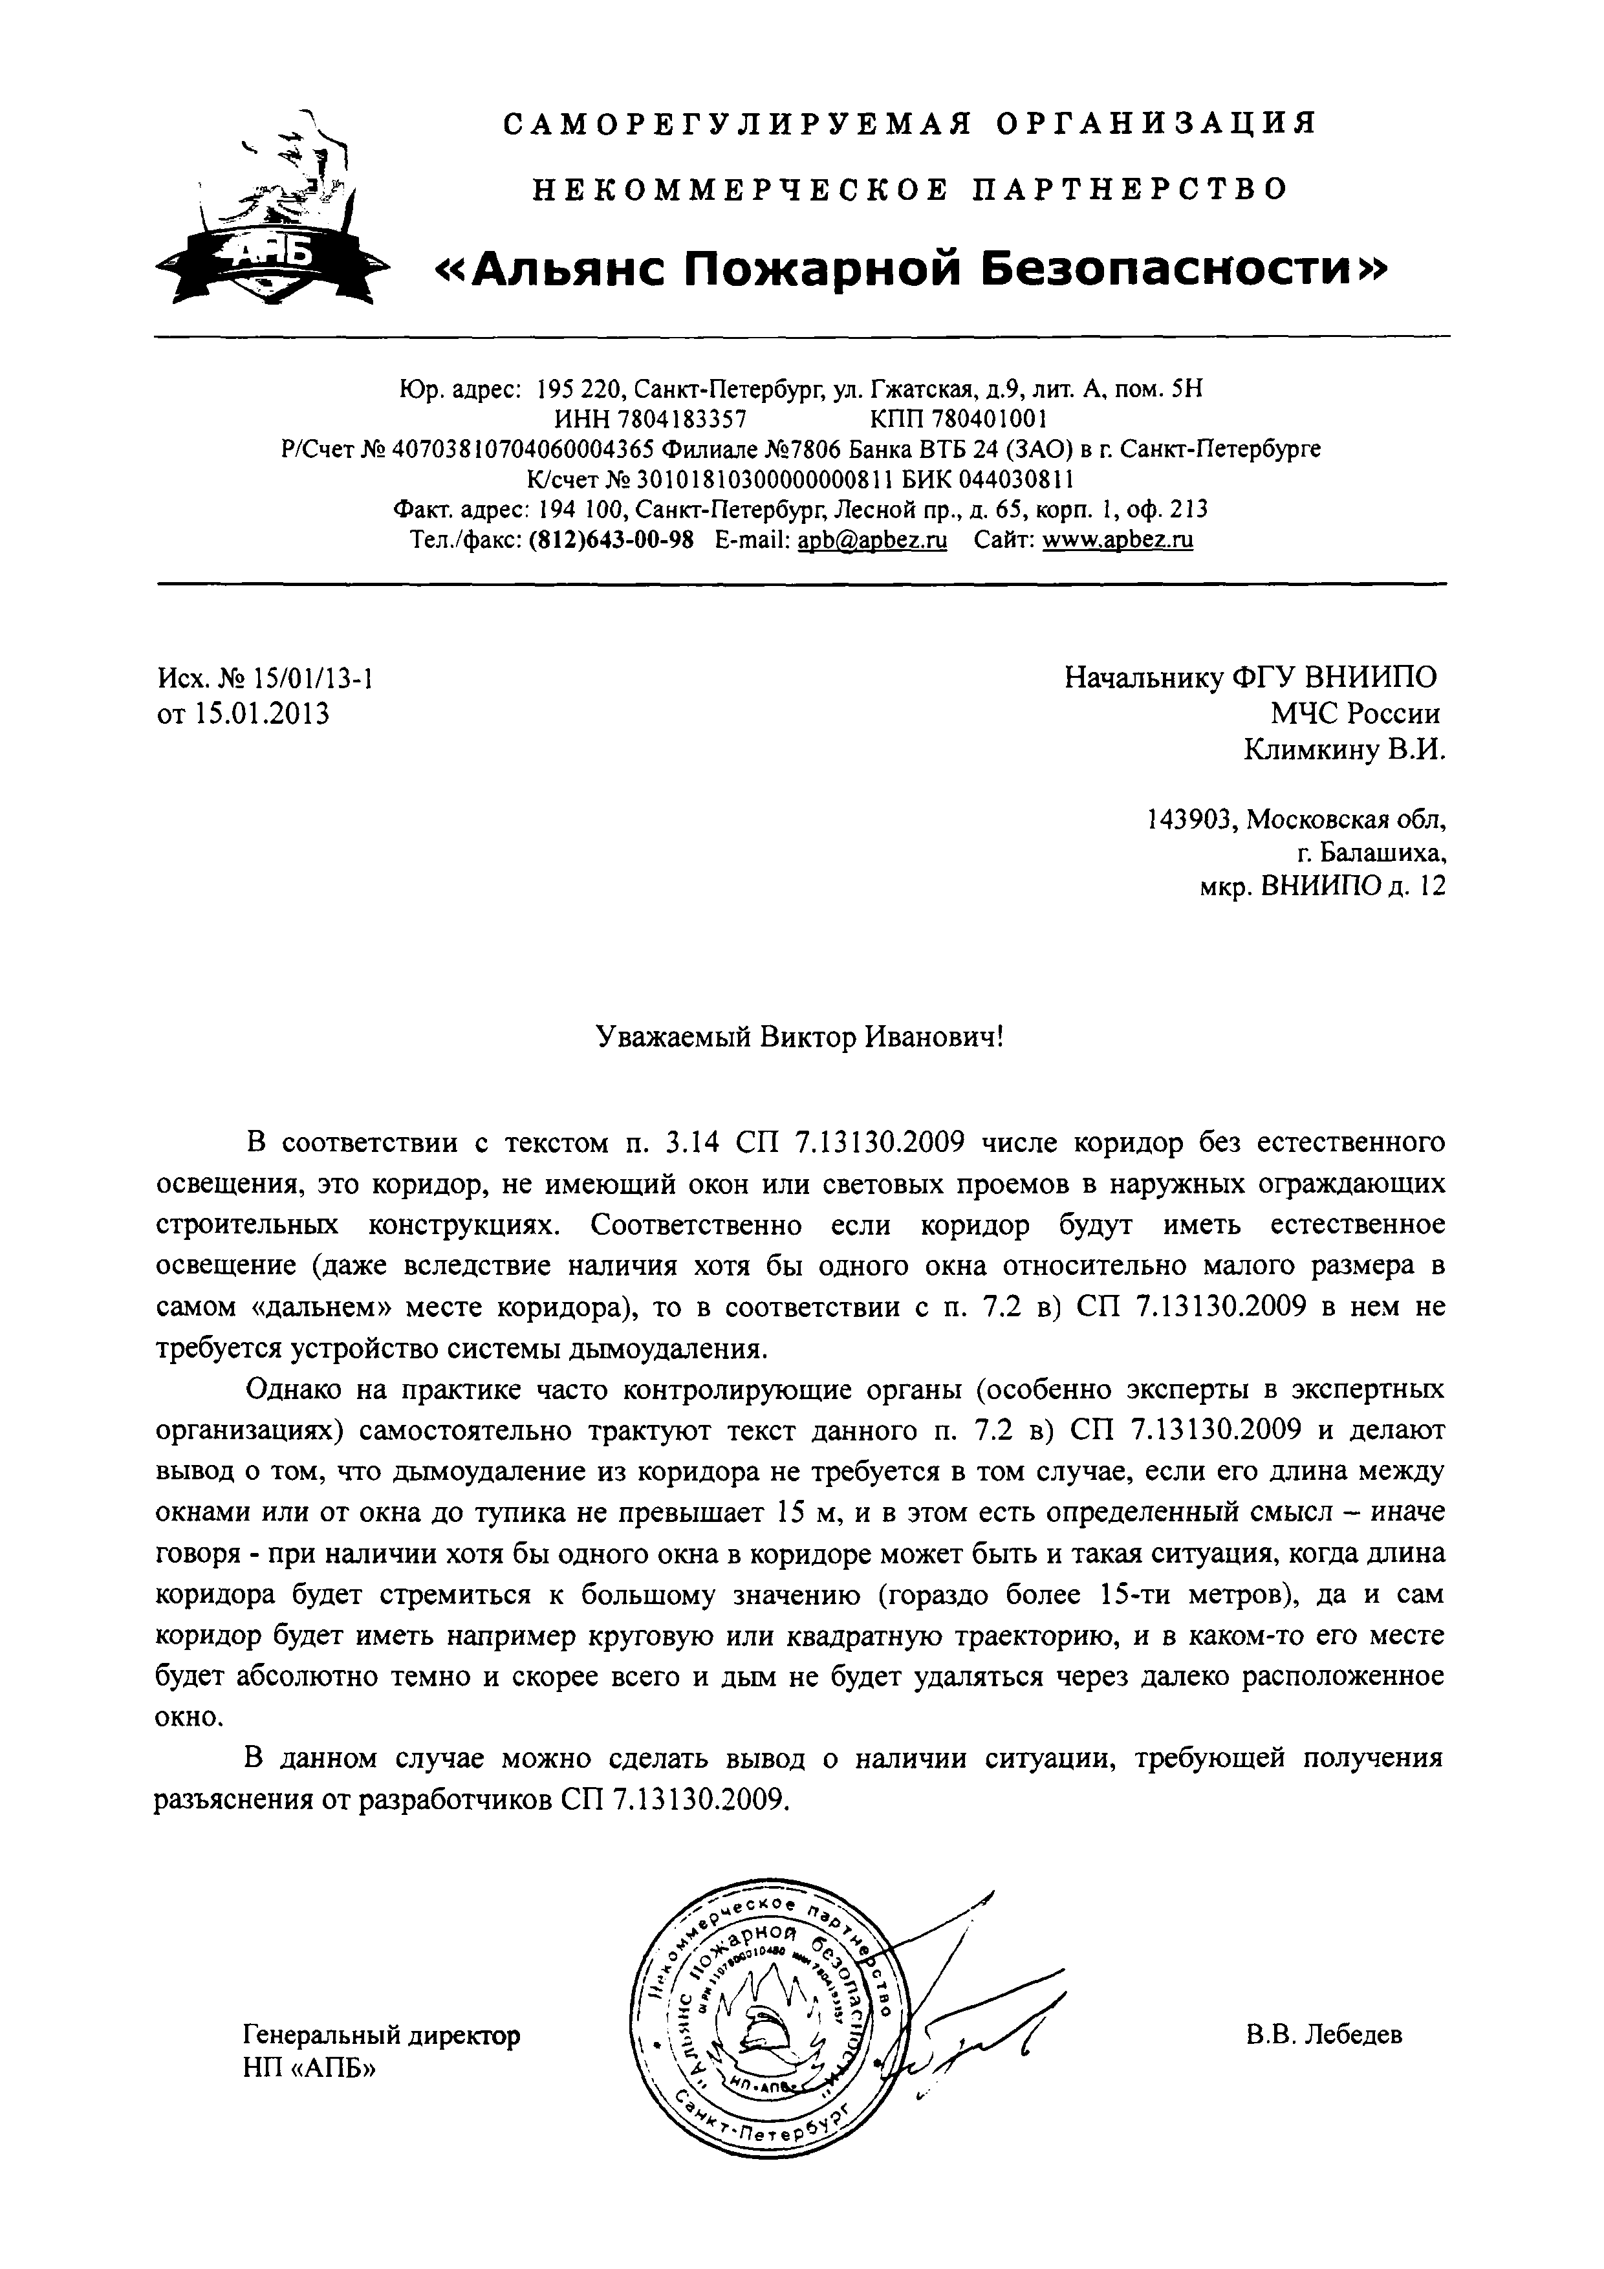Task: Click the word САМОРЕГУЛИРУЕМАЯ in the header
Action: (736, 125)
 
